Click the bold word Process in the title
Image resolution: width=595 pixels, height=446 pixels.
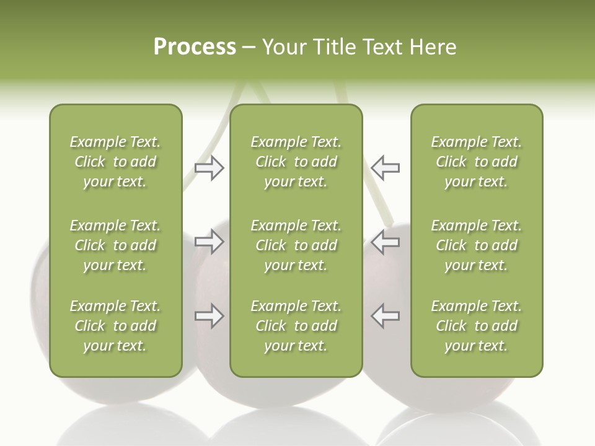[195, 47]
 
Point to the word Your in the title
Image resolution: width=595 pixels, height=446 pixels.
[285, 47]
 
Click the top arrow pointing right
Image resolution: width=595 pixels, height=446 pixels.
[209, 168]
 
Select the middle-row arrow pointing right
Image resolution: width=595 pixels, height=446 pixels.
[209, 242]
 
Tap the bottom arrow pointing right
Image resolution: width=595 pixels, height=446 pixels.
[209, 316]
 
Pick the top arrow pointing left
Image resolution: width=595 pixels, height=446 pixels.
[385, 168]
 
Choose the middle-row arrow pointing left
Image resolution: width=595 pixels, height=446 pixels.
[385, 242]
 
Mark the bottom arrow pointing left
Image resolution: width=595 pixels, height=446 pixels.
[385, 316]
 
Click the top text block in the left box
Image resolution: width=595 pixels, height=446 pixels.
[115, 162]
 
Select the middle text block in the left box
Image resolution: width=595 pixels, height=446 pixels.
[115, 245]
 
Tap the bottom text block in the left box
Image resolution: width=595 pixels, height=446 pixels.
[115, 326]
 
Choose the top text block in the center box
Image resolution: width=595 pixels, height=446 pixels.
[296, 162]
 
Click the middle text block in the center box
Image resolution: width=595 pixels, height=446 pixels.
[296, 245]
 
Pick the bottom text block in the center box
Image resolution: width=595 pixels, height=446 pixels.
[296, 326]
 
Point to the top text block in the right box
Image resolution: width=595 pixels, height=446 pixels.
[477, 162]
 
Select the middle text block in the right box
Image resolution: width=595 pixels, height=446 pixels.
[477, 245]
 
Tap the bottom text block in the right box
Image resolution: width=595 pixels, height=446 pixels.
[477, 326]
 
